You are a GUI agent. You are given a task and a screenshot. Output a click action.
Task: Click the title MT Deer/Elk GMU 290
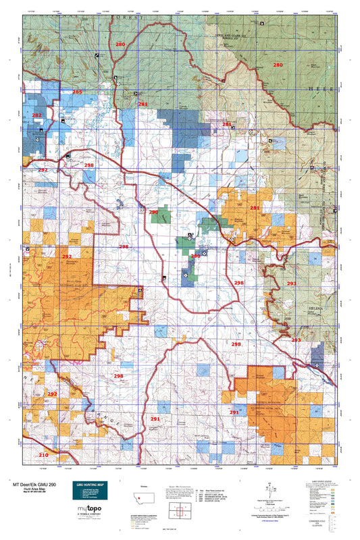tap(42, 485)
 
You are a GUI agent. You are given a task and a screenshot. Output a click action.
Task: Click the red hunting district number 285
tap(78, 92)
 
